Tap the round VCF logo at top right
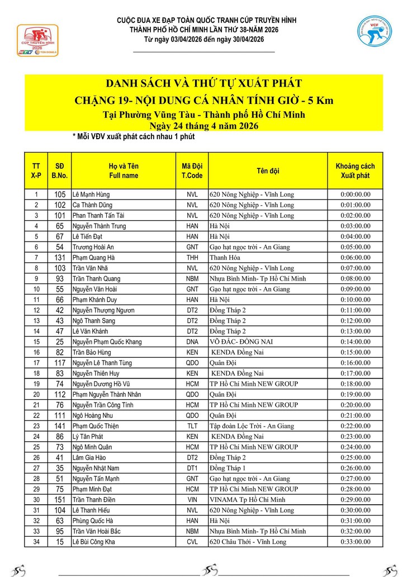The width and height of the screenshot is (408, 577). click(374, 31)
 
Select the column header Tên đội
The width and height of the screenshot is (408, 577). click(268, 171)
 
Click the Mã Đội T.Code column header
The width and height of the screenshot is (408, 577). click(192, 171)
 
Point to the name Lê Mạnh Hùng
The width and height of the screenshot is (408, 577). click(91, 195)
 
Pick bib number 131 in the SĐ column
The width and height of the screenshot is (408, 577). click(60, 258)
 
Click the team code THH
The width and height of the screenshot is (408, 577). click(192, 258)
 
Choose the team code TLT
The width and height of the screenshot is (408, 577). click(192, 426)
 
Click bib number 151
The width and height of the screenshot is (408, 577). click(60, 500)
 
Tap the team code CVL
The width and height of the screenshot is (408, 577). click(192, 542)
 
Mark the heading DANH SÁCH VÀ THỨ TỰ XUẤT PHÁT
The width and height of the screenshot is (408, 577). click(204, 84)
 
